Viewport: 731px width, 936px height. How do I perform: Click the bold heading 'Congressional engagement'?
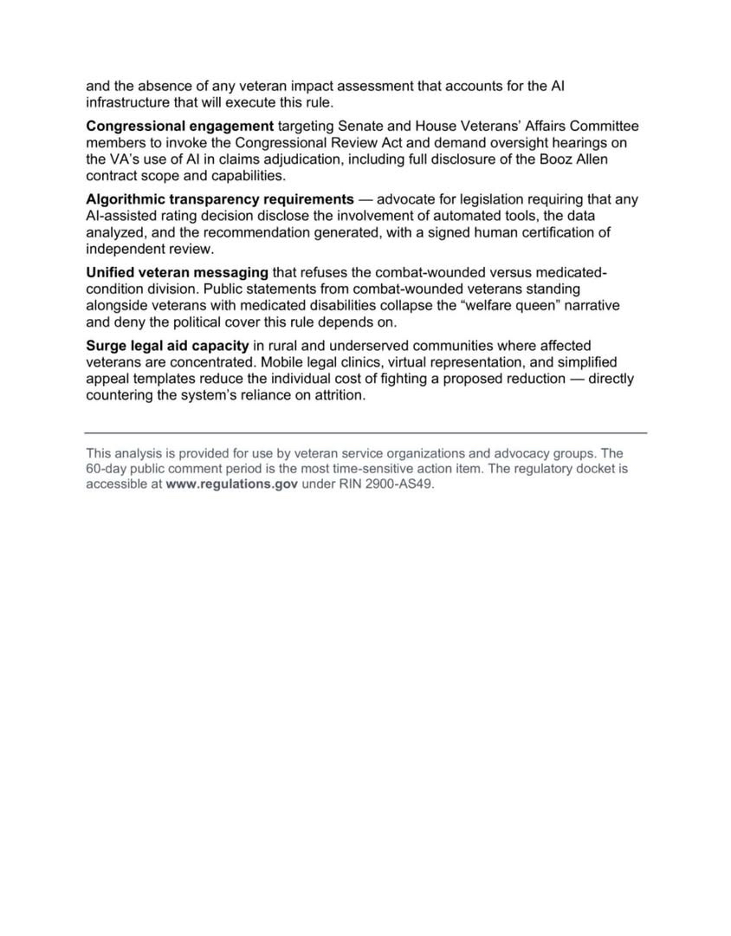click(179, 127)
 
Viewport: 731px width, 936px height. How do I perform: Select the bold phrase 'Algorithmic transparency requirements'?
click(220, 199)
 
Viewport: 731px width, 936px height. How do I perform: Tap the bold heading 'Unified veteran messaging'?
click(177, 273)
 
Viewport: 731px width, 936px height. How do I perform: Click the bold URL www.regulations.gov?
click(231, 484)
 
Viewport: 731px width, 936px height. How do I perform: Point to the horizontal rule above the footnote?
click(365, 432)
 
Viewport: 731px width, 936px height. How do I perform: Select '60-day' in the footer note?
click(106, 469)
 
